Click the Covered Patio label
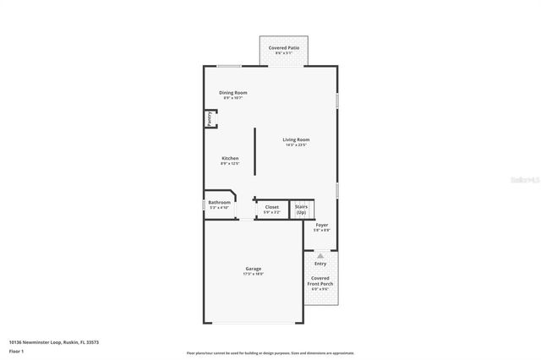click(284, 48)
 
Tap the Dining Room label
click(233, 92)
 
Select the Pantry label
click(209, 119)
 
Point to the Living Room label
click(296, 139)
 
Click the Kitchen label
click(230, 158)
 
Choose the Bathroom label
click(219, 202)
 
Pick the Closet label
click(271, 206)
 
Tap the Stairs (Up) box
click(301, 209)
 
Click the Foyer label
click(322, 225)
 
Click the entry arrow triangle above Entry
click(320, 254)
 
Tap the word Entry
click(320, 263)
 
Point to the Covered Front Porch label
click(320, 281)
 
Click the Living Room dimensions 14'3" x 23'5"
click(296, 145)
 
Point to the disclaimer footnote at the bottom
click(270, 353)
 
